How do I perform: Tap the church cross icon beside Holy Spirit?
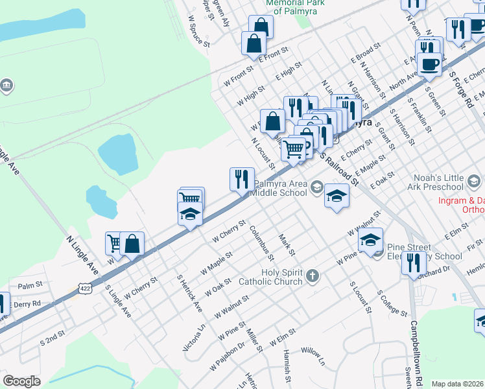click(312, 277)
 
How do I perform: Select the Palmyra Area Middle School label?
click(280, 188)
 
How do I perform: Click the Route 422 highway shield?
click(84, 287)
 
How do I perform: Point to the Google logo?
click(21, 381)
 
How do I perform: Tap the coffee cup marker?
click(429, 64)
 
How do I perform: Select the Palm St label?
click(30, 285)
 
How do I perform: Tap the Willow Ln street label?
click(313, 351)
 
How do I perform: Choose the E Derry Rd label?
click(25, 303)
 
